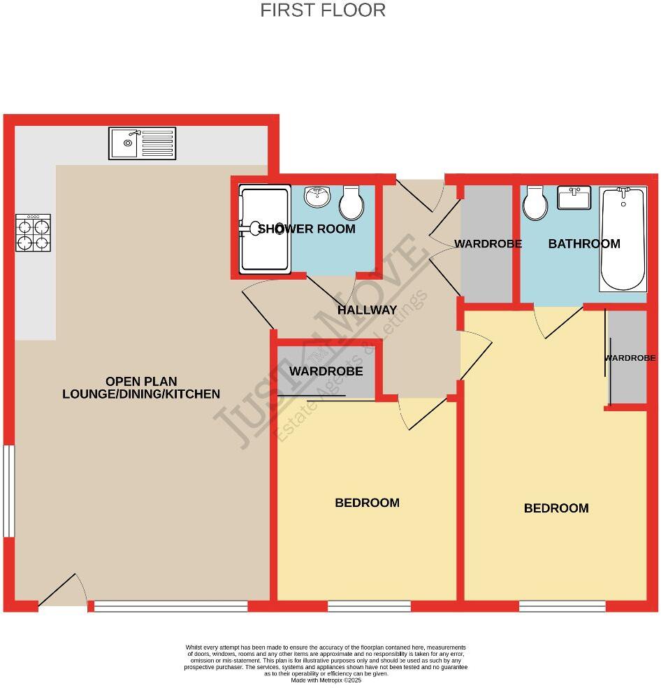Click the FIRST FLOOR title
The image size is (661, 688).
pyautogui.click(x=323, y=10)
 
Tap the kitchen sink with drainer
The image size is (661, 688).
pyautogui.click(x=142, y=143)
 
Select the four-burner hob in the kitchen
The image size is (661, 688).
pyautogui.click(x=34, y=233)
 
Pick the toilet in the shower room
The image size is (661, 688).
pyautogui.click(x=351, y=203)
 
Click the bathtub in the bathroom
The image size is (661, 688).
pyautogui.click(x=623, y=239)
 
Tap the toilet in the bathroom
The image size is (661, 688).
pyautogui.click(x=536, y=203)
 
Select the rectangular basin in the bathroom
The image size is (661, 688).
pyautogui.click(x=574, y=197)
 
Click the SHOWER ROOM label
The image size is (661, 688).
pyautogui.click(x=307, y=229)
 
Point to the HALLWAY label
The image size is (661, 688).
pyautogui.click(x=367, y=310)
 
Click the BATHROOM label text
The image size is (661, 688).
pyautogui.click(x=584, y=244)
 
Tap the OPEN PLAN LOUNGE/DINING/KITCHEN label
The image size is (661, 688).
pyautogui.click(x=141, y=387)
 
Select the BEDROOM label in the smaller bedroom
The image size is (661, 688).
pyautogui.click(x=367, y=503)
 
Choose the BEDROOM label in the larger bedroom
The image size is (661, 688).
pyautogui.click(x=556, y=508)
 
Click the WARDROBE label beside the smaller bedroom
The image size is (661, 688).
pyautogui.click(x=326, y=371)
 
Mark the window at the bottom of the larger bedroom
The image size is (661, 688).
pyautogui.click(x=562, y=605)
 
